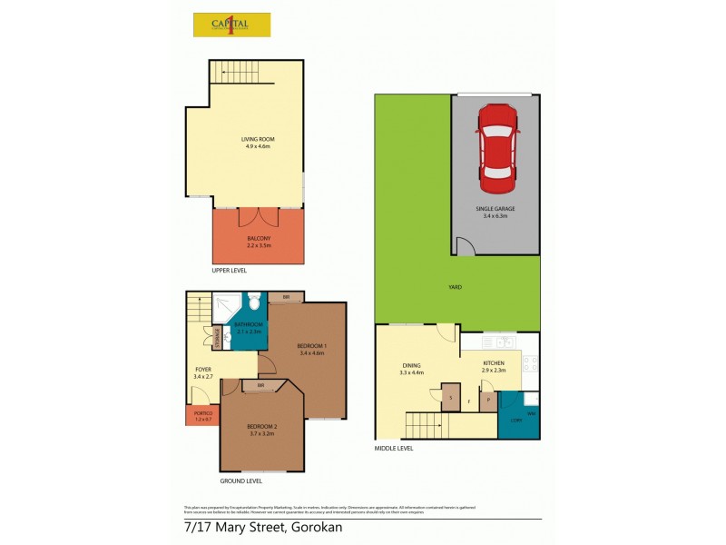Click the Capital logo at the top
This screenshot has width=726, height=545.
tap(231, 25)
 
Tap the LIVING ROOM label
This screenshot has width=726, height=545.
tap(258, 139)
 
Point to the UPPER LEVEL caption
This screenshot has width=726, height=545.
tap(229, 271)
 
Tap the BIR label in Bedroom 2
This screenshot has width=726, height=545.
tap(260, 386)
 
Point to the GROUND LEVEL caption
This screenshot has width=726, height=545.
tap(241, 481)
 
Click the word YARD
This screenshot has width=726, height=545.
tap(456, 287)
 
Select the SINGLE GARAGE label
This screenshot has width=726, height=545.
tap(495, 209)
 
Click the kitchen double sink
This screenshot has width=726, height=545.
tap(498, 342)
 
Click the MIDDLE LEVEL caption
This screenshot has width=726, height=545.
tap(394, 448)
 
